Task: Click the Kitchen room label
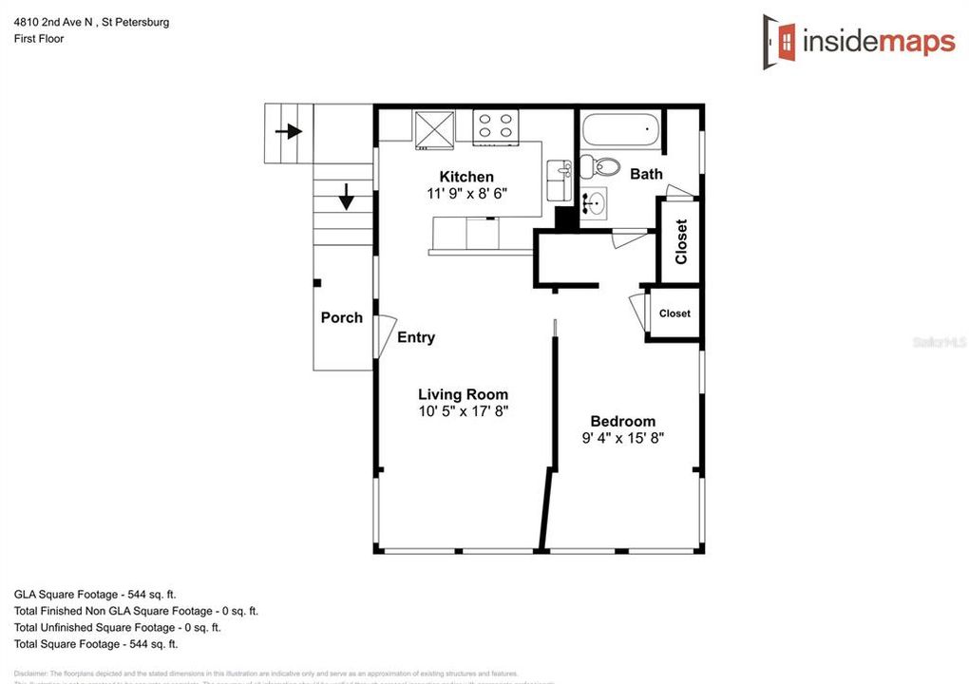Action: (x=466, y=177)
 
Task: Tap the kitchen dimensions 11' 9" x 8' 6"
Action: (x=466, y=193)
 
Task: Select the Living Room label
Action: (x=464, y=394)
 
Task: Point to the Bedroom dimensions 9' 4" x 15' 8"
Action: (x=622, y=438)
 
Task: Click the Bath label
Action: (x=646, y=174)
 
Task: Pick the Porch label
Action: (x=341, y=317)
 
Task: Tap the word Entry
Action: (x=416, y=337)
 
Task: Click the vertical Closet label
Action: (x=680, y=242)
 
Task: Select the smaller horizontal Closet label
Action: (x=674, y=313)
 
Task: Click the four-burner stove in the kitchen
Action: (x=496, y=126)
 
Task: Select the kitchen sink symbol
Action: (x=558, y=180)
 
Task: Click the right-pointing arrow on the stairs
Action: (x=289, y=131)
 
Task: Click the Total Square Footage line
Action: (x=95, y=644)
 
